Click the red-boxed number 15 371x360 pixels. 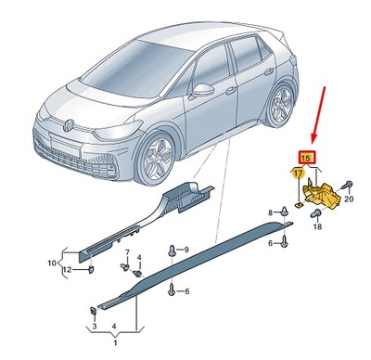(306, 159)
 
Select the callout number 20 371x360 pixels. (349, 198)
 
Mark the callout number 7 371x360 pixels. (127, 252)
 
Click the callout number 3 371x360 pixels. (94, 328)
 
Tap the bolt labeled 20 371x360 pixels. (346, 184)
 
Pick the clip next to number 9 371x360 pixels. (173, 251)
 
